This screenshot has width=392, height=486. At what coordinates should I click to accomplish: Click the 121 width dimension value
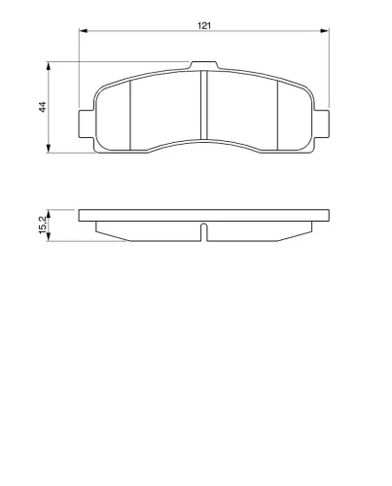pyautogui.click(x=204, y=25)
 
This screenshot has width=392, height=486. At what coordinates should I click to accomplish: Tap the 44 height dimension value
pyautogui.click(x=43, y=107)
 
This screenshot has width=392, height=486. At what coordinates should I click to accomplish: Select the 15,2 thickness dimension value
pyautogui.click(x=43, y=225)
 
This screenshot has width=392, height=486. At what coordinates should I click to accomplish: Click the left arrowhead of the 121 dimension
pyautogui.click(x=84, y=31)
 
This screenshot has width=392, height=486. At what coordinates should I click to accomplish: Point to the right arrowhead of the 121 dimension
pyautogui.click(x=325, y=31)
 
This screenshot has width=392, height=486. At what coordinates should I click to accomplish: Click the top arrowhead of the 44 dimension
pyautogui.click(x=49, y=66)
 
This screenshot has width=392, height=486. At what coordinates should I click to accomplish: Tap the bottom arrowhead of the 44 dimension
pyautogui.click(x=49, y=149)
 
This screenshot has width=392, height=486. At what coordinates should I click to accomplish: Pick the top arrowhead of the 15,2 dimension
pyautogui.click(x=49, y=214)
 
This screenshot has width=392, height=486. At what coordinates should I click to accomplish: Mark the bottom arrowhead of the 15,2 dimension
pyautogui.click(x=49, y=237)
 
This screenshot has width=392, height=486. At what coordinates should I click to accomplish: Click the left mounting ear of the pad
pyautogui.click(x=87, y=123)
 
